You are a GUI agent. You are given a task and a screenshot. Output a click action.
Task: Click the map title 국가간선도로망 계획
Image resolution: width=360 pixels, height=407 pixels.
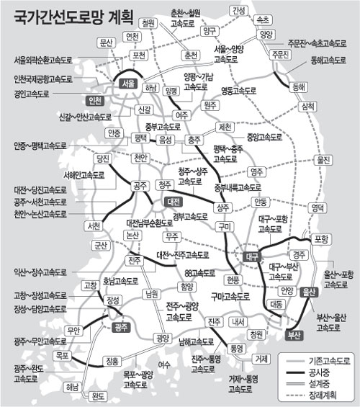click(65, 15)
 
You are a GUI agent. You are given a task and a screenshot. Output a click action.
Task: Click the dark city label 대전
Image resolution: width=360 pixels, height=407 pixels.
click(174, 202)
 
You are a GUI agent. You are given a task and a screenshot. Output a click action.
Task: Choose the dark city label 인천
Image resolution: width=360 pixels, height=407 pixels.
click(94, 100)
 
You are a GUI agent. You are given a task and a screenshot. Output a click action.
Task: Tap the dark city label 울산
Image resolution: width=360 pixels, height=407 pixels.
click(310, 292)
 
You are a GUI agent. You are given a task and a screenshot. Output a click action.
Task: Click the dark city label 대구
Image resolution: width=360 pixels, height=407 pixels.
click(252, 256)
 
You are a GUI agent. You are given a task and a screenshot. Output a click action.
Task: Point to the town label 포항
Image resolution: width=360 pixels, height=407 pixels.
click(321, 238)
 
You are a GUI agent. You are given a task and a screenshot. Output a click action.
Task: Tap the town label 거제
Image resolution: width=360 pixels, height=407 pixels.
click(261, 358)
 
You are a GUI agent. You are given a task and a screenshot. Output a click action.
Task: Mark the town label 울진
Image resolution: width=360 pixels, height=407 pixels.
click(323, 160)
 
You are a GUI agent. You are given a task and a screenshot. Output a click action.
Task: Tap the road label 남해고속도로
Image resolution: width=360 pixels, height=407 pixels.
click(196, 342)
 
